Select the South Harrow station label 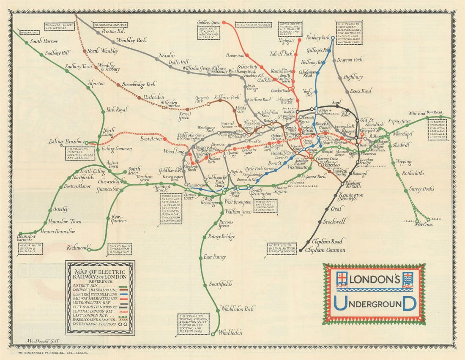click(44, 41)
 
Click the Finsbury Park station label click(317, 38)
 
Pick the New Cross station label click(423, 224)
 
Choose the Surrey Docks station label click(421, 189)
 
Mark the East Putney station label click(215, 257)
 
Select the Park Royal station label click(116, 109)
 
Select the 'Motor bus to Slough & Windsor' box click(30, 249)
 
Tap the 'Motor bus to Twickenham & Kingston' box click(120, 249)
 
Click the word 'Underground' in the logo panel click(374, 303)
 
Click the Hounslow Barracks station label click(27, 238)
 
